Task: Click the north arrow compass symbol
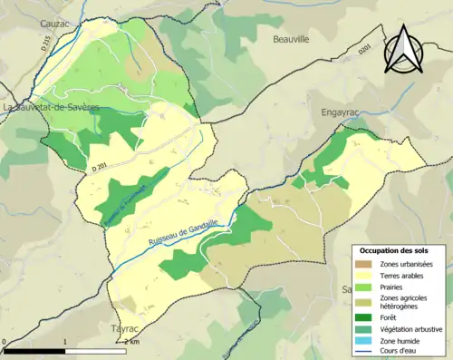[404, 49]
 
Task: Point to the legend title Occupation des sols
[394, 249]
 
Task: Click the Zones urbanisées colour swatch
[366, 264]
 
